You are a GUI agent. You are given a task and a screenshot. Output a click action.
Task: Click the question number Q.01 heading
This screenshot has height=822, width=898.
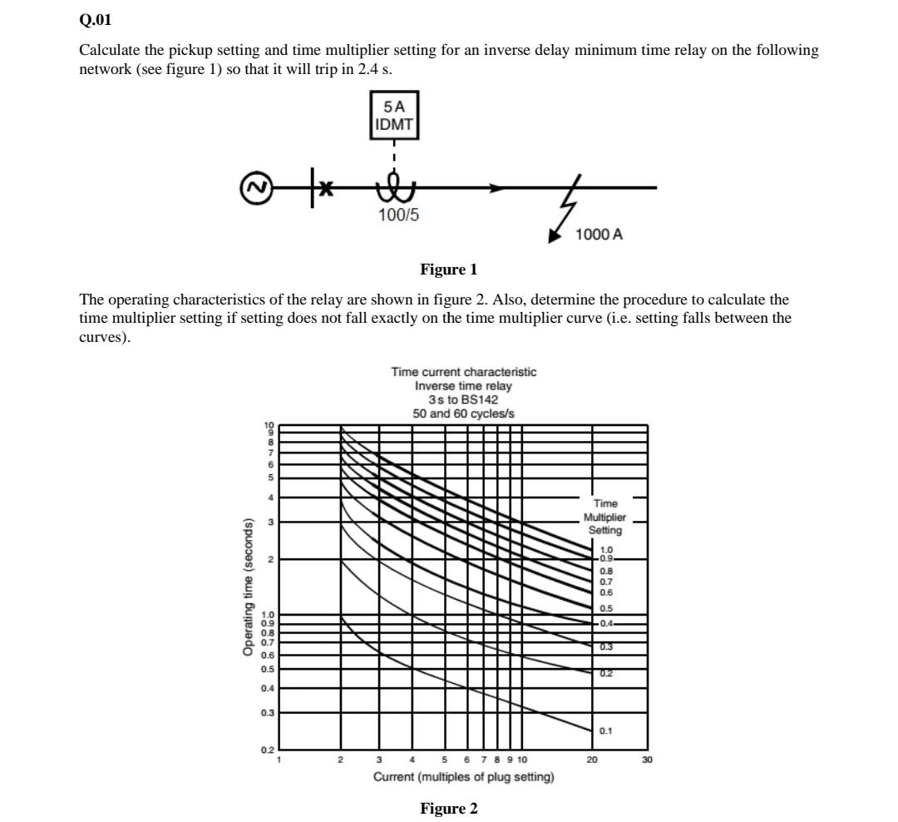coord(95,19)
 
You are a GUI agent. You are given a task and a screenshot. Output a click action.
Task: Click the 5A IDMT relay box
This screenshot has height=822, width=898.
coord(394,116)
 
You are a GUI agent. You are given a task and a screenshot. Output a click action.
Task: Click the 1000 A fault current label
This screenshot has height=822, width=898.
coord(599,235)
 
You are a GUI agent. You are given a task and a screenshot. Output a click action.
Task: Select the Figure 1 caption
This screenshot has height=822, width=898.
coord(448,270)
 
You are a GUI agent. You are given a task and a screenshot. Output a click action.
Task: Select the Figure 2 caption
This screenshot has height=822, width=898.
coord(448,809)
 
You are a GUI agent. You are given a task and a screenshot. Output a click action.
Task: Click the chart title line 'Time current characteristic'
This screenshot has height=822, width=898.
coord(464,372)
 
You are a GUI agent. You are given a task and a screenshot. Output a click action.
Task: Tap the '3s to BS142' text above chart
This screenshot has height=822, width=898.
coord(463,399)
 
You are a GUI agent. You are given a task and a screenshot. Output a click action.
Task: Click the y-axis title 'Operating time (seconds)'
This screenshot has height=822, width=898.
coord(248,587)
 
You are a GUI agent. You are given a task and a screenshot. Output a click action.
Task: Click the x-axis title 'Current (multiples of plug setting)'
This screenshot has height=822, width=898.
coord(463,777)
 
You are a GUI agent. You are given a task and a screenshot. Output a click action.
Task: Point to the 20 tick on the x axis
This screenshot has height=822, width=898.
coord(592,760)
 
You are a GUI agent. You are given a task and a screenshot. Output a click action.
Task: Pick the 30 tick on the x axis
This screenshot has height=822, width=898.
coord(647,760)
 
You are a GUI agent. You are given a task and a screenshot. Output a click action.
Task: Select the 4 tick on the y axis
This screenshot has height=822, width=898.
coord(269,498)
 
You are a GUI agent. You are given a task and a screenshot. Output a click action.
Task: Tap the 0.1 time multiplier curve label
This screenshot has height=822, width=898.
coord(606,731)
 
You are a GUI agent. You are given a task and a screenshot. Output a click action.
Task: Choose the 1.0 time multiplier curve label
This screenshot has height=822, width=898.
coord(606,550)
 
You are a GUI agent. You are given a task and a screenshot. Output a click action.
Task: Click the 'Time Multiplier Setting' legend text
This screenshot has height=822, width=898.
coord(605,517)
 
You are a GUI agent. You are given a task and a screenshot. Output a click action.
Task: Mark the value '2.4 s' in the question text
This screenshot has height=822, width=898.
coord(373,69)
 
